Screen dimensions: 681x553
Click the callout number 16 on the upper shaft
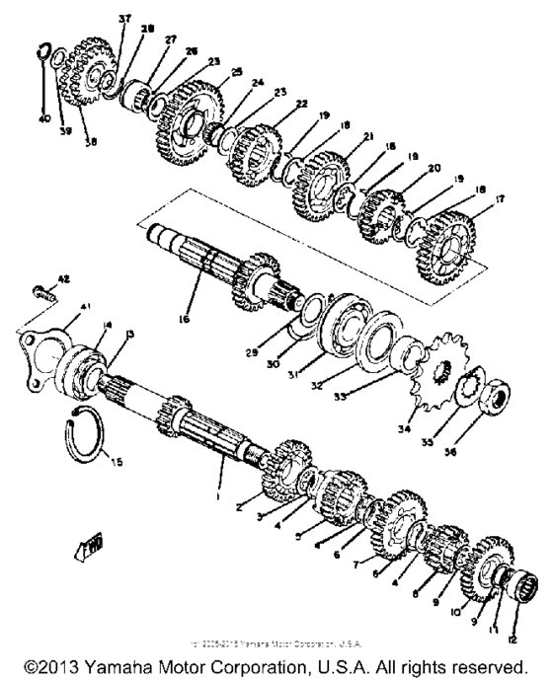192,321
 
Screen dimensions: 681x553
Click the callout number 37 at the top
123,20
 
